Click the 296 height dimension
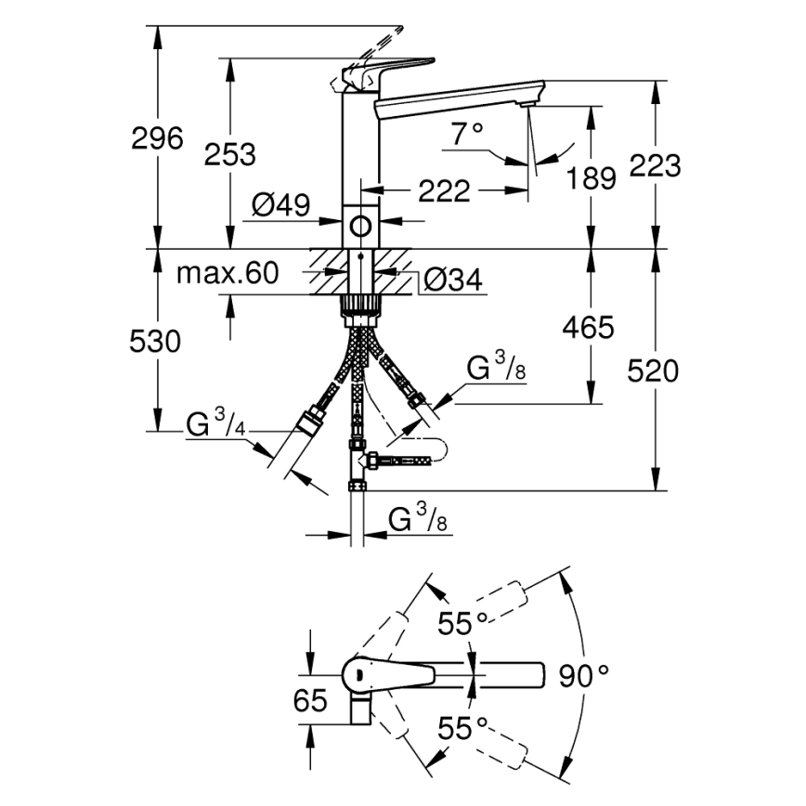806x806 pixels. (157, 139)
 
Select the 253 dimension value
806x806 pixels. (229, 154)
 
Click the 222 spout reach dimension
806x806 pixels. (443, 192)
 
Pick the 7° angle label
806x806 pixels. (468, 135)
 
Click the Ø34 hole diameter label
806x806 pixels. (453, 279)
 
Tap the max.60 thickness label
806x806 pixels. (227, 273)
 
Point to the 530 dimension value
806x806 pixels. (154, 342)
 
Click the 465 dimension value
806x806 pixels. (588, 327)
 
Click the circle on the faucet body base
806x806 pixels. (359, 225)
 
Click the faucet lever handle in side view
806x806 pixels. (385, 70)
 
